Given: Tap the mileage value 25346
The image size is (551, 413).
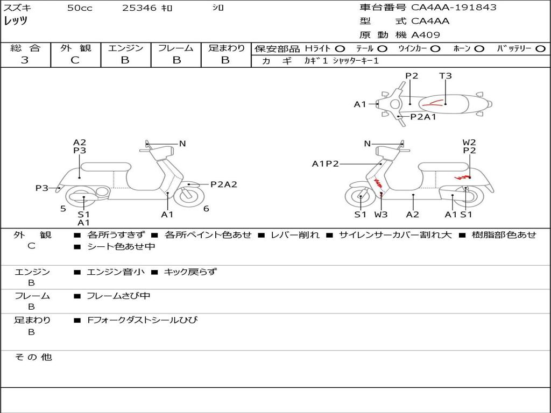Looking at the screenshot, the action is pyautogui.click(x=140, y=8).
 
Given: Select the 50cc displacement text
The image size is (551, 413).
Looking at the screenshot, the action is pyautogui.click(x=79, y=8).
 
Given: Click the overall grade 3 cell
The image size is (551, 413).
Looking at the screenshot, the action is pyautogui.click(x=25, y=60).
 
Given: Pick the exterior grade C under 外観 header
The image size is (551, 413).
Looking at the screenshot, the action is pyautogui.click(x=75, y=60).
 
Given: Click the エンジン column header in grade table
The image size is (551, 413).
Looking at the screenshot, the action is pyautogui.click(x=125, y=48).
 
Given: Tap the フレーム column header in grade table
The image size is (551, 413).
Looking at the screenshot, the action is pyautogui.click(x=175, y=48).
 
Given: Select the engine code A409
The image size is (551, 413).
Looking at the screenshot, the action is pyautogui.click(x=426, y=35).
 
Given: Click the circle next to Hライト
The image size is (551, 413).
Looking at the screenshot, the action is pyautogui.click(x=340, y=48).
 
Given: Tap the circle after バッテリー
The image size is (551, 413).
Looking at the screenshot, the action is pyautogui.click(x=540, y=48).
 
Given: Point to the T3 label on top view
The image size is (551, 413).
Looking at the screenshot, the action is pyautogui.click(x=446, y=76).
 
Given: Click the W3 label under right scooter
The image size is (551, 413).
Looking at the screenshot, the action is pyautogui.click(x=381, y=215).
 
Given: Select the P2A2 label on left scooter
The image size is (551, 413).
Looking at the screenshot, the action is pyautogui.click(x=223, y=184).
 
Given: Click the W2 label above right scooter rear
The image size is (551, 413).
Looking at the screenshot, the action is pyautogui.click(x=469, y=143).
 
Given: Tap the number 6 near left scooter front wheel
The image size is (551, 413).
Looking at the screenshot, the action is pyautogui.click(x=206, y=209).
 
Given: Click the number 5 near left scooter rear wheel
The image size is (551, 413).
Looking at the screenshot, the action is pyautogui.click(x=63, y=209).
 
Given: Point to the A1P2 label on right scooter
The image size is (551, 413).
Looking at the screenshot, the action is pyautogui.click(x=326, y=163).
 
